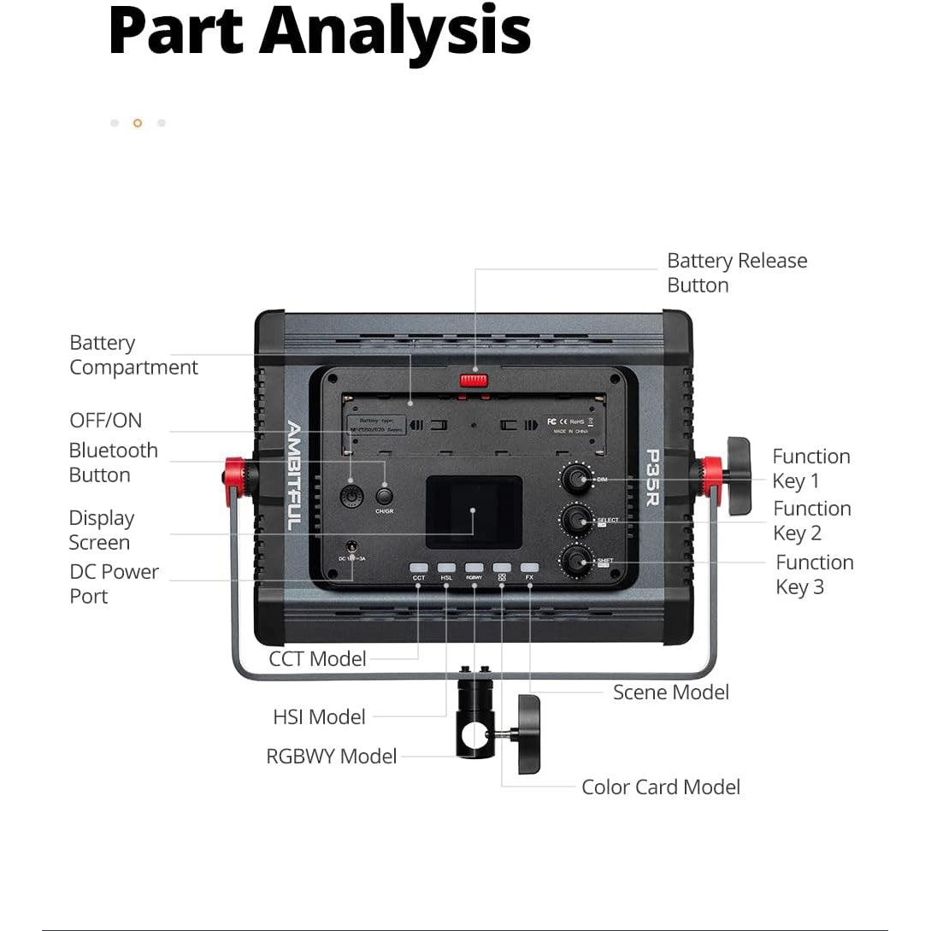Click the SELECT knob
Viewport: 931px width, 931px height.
point(575,518)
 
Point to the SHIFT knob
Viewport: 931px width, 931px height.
point(575,559)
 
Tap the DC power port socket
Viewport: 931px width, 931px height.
point(351,545)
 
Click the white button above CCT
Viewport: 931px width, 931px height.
point(418,567)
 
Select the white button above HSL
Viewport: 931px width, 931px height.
point(446,567)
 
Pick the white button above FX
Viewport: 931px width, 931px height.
point(529,567)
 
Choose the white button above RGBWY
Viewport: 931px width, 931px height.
point(474,567)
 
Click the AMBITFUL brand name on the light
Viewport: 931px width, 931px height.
point(293,475)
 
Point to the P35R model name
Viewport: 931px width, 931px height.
point(652,477)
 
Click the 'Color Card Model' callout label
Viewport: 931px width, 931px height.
point(660,787)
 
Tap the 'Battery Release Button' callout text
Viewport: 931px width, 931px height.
point(736,273)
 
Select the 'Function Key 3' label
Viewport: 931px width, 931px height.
point(814,575)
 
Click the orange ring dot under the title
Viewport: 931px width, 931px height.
point(138,123)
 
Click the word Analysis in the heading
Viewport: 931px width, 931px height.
point(396,31)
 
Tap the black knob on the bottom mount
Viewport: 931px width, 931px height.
point(528,734)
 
